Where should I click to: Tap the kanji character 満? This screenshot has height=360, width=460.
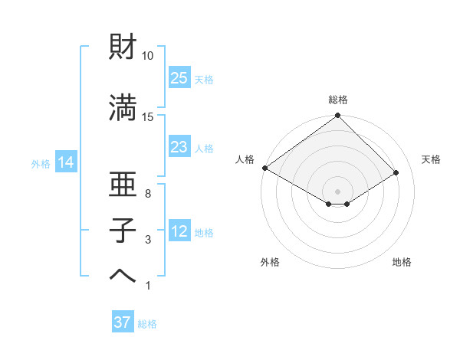pyautogui.click(x=123, y=107)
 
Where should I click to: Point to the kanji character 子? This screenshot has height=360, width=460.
pyautogui.click(x=123, y=231)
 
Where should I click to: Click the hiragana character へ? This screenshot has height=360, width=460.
pyautogui.click(x=123, y=277)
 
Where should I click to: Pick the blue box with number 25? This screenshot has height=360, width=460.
pyautogui.click(x=179, y=78)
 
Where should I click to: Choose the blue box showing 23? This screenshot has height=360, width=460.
pyautogui.click(x=179, y=147)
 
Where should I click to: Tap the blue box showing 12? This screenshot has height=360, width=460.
pyautogui.click(x=179, y=231)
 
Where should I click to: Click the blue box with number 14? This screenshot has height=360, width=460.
pyautogui.click(x=65, y=162)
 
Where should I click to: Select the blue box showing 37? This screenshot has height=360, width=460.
pyautogui.click(x=123, y=322)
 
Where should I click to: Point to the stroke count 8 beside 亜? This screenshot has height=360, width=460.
pyautogui.click(x=148, y=195)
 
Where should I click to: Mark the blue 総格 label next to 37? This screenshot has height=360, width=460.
pyautogui.click(x=147, y=324)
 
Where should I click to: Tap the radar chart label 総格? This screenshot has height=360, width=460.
pyautogui.click(x=338, y=100)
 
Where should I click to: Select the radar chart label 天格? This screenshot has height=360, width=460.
pyautogui.click(x=432, y=159)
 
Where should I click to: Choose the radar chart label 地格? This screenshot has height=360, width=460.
pyautogui.click(x=402, y=263)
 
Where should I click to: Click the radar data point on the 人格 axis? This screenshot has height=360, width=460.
pyautogui.click(x=264, y=167)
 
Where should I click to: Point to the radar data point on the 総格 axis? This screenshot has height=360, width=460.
pyautogui.click(x=337, y=116)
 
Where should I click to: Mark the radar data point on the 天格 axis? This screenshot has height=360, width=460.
pyautogui.click(x=396, y=172)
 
